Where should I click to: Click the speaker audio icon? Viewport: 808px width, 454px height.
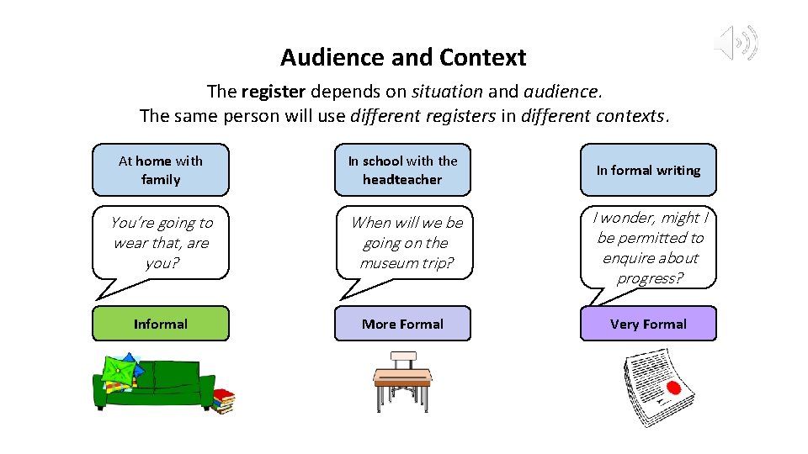(736, 43)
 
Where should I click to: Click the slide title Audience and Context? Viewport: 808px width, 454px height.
(403, 58)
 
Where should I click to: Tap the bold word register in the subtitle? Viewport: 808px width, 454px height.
(270, 91)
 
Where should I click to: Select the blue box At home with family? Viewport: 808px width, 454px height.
(160, 170)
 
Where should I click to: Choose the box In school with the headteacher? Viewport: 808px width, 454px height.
(402, 170)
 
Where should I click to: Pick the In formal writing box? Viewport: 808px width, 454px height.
(648, 170)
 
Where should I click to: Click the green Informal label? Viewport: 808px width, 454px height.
(160, 324)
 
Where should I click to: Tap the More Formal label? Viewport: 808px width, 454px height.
(402, 324)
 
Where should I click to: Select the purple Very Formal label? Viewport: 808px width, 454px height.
(648, 324)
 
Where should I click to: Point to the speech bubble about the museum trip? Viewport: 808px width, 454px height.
(406, 243)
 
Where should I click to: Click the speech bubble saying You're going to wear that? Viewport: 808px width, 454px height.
(162, 243)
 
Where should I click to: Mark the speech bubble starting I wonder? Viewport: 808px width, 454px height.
(649, 248)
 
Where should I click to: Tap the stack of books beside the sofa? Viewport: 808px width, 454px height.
(223, 401)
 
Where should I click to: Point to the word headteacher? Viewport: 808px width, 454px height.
(402, 179)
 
